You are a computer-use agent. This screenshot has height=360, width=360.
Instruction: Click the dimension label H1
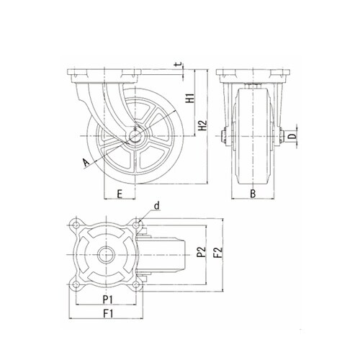click(191, 97)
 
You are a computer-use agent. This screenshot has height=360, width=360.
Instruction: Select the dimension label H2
click(204, 125)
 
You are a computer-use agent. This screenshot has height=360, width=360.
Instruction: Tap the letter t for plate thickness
click(179, 65)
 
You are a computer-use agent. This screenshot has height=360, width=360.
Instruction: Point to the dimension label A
click(85, 163)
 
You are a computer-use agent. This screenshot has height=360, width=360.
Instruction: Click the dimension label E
click(120, 194)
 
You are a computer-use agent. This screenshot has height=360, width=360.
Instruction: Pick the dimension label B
click(253, 194)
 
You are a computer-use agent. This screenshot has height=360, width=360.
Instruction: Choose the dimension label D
click(292, 136)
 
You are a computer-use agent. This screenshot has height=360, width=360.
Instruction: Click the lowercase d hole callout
click(157, 206)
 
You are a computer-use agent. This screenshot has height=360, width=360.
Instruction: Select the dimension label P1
click(108, 300)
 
